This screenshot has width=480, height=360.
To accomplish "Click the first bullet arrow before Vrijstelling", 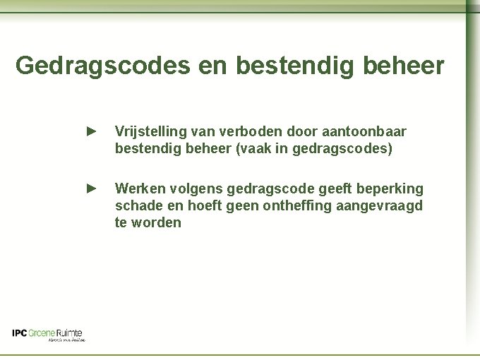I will [x=90, y=131].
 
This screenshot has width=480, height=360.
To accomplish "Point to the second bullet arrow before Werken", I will [x=90, y=188].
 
